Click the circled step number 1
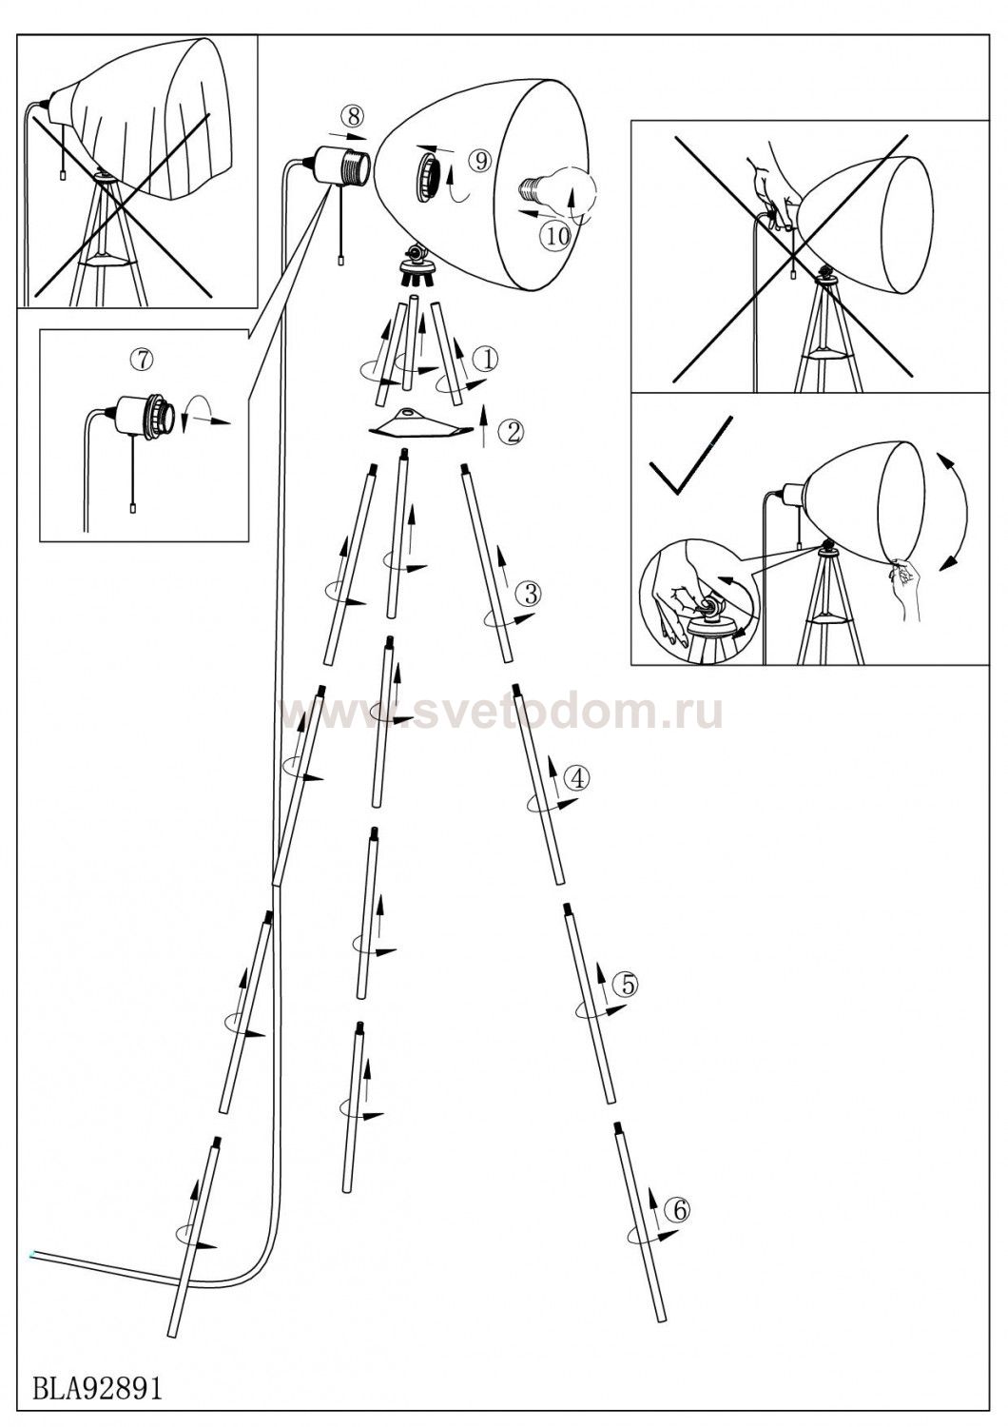pyautogui.click(x=486, y=360)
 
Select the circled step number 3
pyautogui.click(x=529, y=593)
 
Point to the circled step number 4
pyautogui.click(x=577, y=777)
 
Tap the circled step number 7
pyautogui.click(x=142, y=360)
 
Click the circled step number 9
pyautogui.click(x=481, y=161)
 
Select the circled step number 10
pyautogui.click(x=557, y=237)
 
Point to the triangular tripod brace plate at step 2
pyautogui.click(x=421, y=424)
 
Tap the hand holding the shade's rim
pyautogui.click(x=904, y=586)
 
